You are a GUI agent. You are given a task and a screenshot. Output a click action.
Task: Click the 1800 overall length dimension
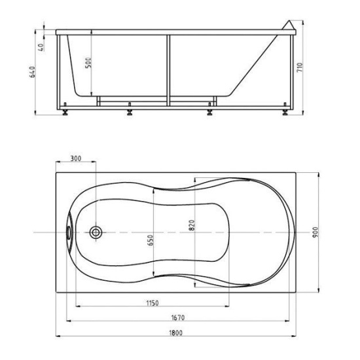point(175,333)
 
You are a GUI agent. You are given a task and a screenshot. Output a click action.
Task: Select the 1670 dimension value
point(178,317)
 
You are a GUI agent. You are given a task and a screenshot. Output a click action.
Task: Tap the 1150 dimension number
point(153,303)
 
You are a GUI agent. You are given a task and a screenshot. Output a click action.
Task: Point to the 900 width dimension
point(315,232)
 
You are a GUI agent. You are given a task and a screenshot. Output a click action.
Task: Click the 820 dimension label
point(192,225)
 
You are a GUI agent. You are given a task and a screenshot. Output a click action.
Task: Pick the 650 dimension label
point(150,240)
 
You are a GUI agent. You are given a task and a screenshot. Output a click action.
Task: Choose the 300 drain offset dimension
point(76,158)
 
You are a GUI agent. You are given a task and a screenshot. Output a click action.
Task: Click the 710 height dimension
point(300,67)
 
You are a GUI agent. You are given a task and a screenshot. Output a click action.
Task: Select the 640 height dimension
point(33,72)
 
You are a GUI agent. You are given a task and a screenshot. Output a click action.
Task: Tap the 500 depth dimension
point(88,63)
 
